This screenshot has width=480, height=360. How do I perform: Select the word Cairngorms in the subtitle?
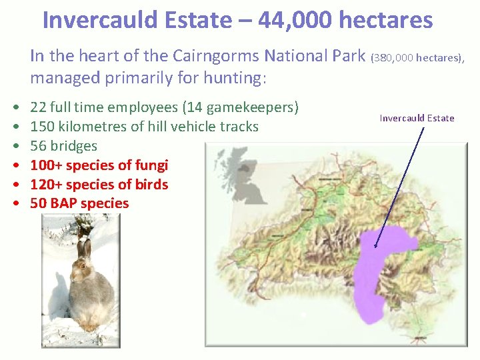tap(259, 56)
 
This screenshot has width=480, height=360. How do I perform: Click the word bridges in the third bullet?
tap(73, 146)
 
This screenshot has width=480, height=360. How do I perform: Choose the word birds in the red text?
tap(151, 185)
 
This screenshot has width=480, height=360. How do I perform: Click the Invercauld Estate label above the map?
tap(417, 118)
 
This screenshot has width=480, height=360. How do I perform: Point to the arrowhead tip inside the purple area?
tap(376, 247)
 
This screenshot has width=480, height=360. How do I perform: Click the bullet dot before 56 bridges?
tap(15, 146)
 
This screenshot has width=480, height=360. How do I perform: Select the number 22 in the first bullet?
tap(38, 107)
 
